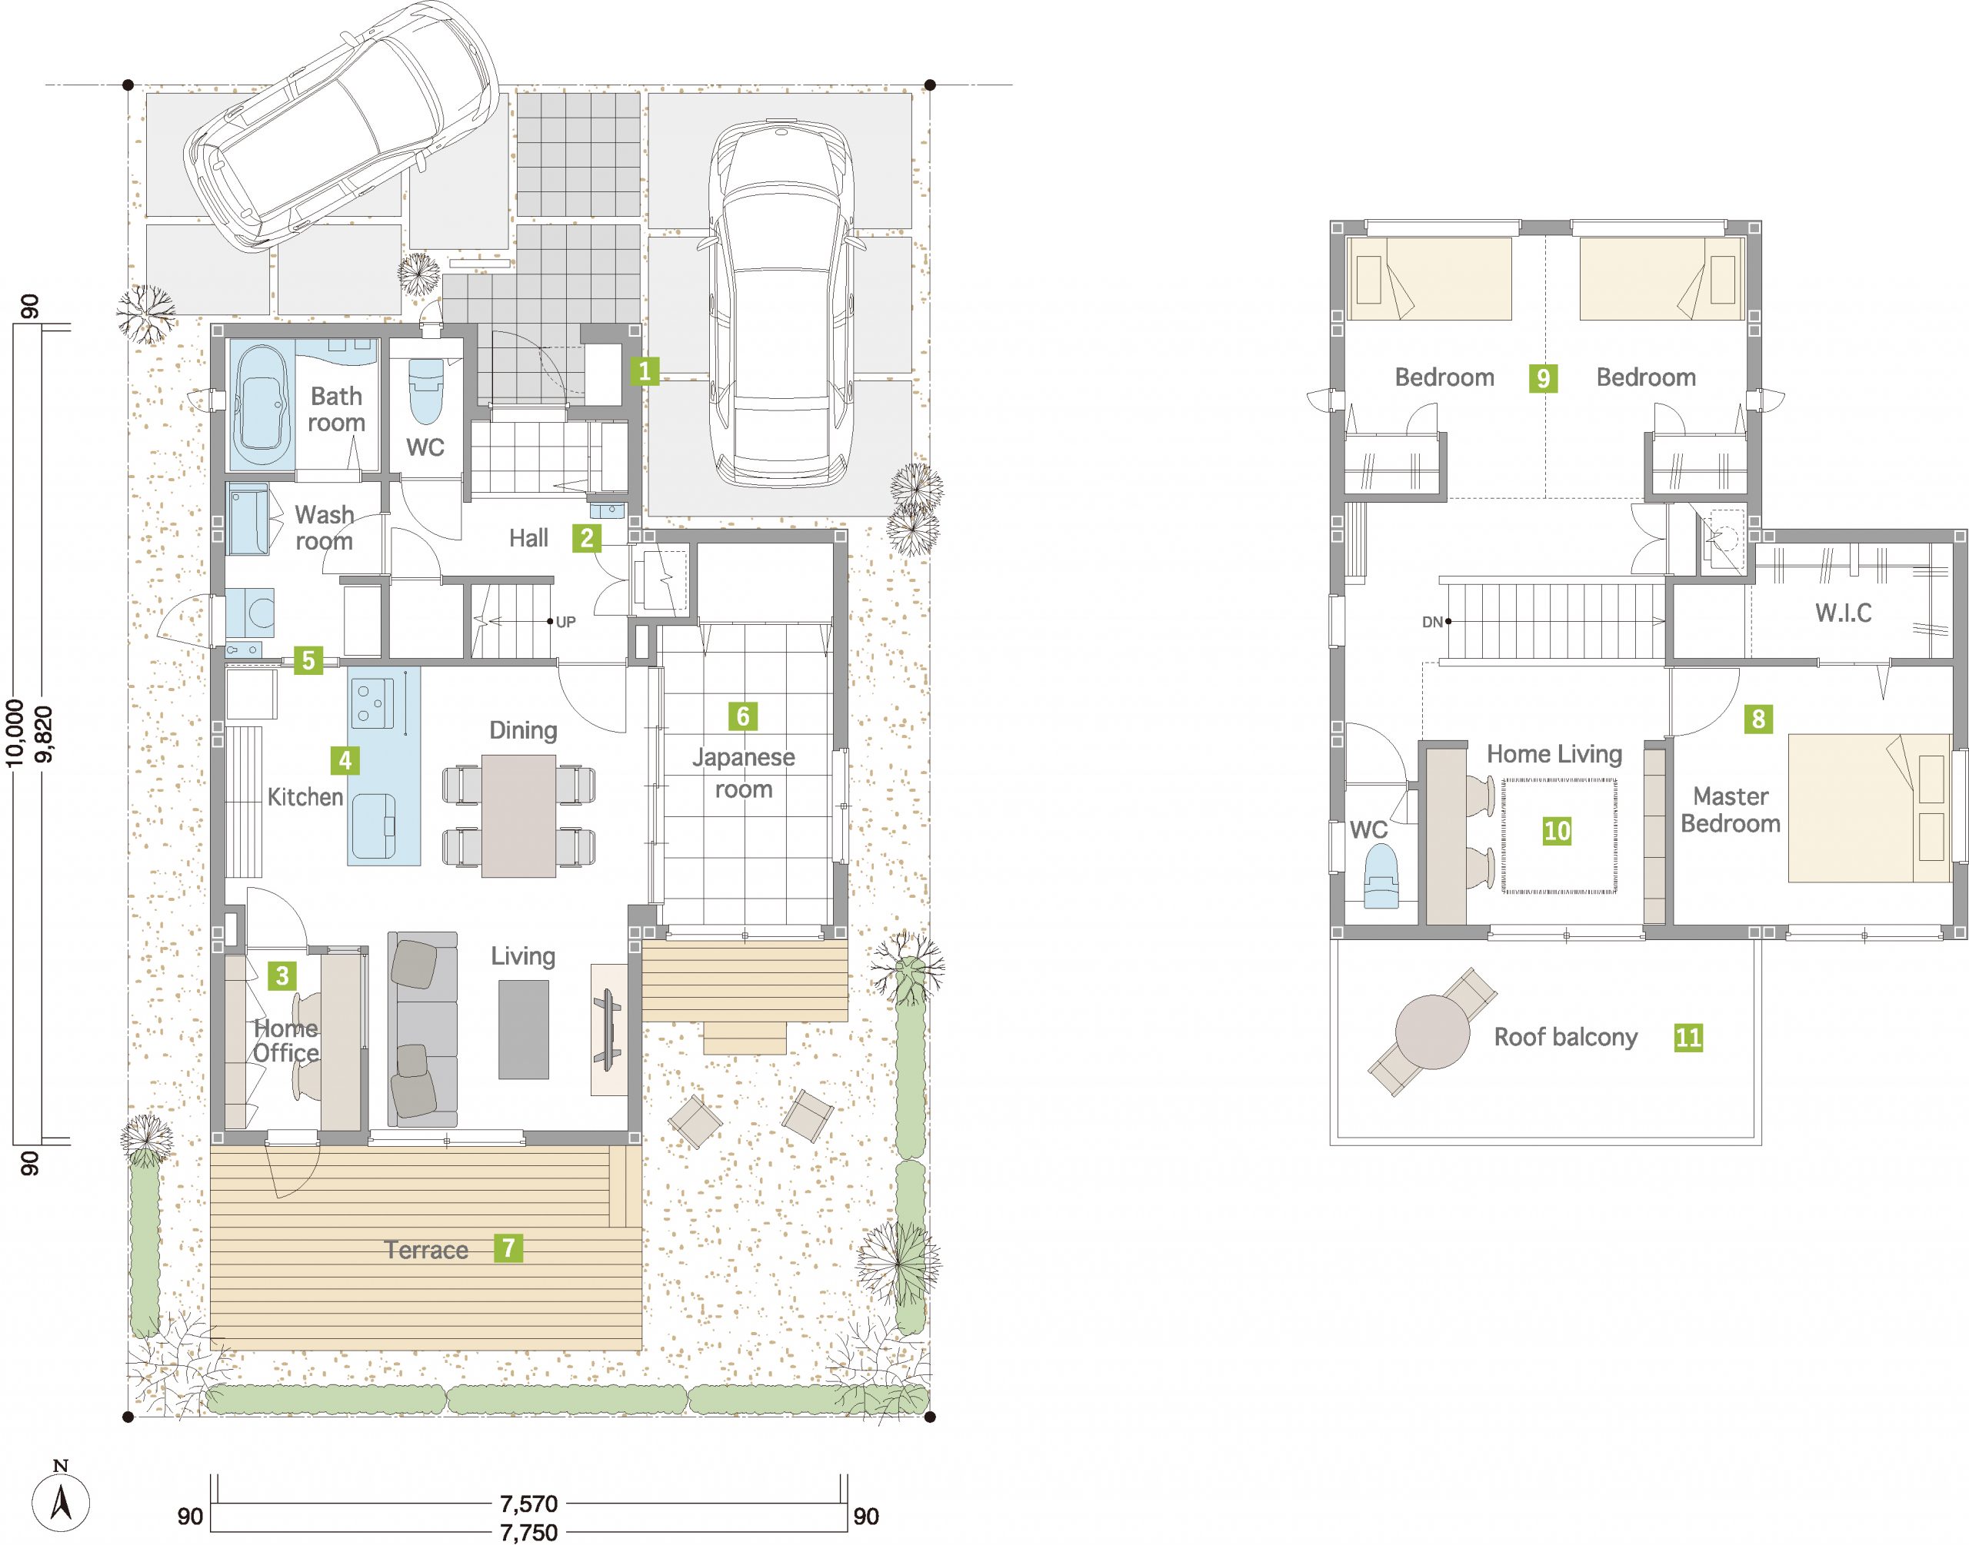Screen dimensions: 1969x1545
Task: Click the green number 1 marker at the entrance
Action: (645, 370)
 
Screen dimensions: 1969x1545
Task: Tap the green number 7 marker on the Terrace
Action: (508, 1248)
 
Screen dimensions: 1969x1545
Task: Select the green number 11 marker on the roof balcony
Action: (1688, 1037)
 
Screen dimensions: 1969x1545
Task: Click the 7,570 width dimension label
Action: (529, 1503)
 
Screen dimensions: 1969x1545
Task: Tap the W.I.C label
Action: (1843, 613)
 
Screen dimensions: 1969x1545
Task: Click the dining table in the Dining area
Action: (519, 815)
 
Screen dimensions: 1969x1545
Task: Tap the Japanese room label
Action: (744, 773)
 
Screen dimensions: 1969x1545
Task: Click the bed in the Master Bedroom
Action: (1868, 808)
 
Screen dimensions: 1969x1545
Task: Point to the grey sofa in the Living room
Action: (422, 1028)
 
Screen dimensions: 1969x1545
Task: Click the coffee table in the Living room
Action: (523, 1029)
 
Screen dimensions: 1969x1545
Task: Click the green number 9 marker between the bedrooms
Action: (1544, 377)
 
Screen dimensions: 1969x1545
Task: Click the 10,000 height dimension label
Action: (15, 732)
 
